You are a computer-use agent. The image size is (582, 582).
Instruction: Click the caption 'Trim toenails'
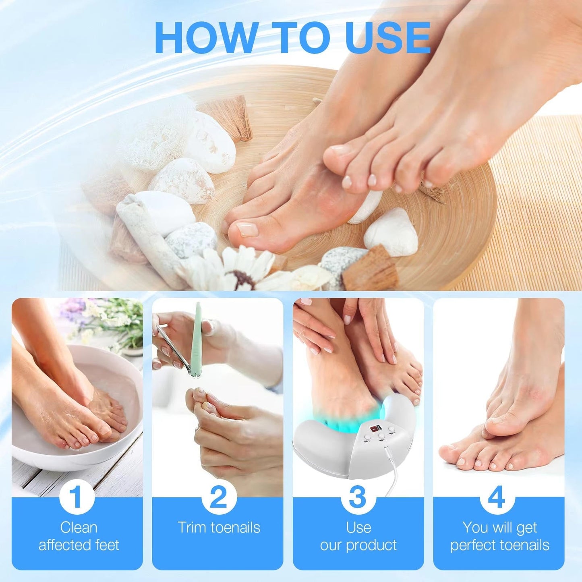tap(219, 528)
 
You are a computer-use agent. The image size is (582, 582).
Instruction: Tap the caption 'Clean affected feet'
tap(79, 536)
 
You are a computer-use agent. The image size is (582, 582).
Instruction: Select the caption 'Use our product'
tap(358, 536)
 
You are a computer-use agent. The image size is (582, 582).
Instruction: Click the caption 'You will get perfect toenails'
tap(499, 536)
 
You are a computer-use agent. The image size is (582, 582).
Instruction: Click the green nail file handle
tap(197, 338)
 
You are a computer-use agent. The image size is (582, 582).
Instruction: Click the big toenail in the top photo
tap(247, 229)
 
